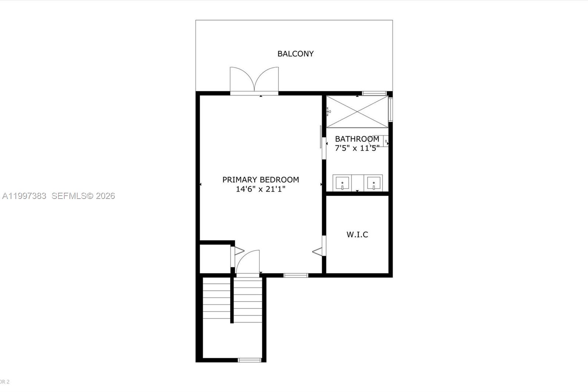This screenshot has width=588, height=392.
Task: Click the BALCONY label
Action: [x=295, y=54]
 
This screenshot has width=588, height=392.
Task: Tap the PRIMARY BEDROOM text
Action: [x=261, y=179]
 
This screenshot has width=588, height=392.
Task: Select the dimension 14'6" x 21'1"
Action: [x=261, y=189]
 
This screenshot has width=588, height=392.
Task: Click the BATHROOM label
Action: [x=357, y=139]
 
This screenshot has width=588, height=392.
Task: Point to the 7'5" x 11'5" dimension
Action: [x=357, y=148]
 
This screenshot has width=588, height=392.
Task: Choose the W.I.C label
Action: [x=357, y=234]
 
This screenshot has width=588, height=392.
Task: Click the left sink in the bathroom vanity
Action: [x=342, y=183]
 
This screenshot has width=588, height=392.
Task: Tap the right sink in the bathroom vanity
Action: [x=373, y=183]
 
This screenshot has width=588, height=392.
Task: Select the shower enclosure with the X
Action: [x=357, y=112]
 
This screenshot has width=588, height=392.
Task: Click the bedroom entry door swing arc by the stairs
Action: [x=248, y=262]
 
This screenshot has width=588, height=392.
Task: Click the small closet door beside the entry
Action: [x=238, y=251]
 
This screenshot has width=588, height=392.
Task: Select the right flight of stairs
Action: [x=248, y=300]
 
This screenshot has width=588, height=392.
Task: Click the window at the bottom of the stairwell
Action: [x=250, y=360]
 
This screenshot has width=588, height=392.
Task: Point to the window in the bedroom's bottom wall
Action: [x=295, y=275]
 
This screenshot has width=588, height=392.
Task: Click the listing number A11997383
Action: [x=24, y=196]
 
